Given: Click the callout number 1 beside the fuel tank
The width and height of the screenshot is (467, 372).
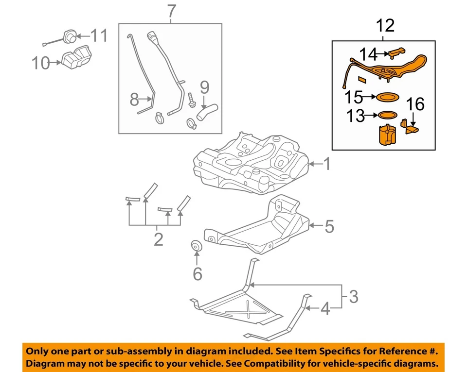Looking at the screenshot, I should click(x=327, y=165).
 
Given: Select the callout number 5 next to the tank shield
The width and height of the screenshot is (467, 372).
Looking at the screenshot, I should click(x=329, y=226).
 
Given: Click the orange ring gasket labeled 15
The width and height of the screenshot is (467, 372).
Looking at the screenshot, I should click(x=387, y=98).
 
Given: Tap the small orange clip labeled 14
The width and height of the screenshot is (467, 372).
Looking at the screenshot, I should click(x=397, y=51).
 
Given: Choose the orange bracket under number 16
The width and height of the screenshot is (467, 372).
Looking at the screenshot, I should click(x=410, y=126).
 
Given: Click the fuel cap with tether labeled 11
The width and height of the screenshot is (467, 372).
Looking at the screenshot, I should click(x=69, y=36).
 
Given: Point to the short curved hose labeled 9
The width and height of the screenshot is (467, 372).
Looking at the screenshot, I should click(x=205, y=113).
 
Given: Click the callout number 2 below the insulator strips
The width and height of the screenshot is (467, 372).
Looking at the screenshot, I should click(x=158, y=239).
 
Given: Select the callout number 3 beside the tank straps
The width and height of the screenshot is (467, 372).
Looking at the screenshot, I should click(x=354, y=295).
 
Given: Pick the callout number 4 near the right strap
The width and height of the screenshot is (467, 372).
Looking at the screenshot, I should click(x=325, y=308).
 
